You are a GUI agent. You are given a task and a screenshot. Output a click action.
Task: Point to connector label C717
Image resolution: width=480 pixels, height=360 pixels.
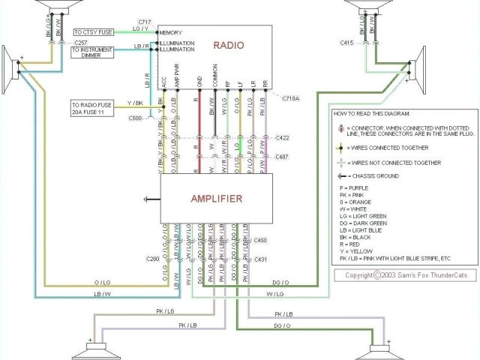[x=144, y=22]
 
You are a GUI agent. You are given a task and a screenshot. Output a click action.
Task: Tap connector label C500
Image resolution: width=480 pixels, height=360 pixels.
[x=136, y=118]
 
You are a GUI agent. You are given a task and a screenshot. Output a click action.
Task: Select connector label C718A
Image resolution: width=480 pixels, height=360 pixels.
[x=290, y=99]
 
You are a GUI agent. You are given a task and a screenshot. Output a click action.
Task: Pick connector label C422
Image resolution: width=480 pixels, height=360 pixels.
[x=282, y=138]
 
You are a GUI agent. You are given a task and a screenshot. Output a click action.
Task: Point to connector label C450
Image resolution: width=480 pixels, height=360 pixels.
[x=260, y=241]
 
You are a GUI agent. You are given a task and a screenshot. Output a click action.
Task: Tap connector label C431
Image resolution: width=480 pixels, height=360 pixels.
[x=260, y=259]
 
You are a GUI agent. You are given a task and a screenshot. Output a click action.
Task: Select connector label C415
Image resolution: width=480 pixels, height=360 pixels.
[x=346, y=43]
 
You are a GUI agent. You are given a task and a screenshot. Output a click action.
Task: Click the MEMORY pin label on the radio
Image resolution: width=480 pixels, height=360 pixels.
[x=171, y=33]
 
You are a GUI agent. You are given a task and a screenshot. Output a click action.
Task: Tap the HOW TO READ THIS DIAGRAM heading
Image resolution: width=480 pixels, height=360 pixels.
[x=373, y=113]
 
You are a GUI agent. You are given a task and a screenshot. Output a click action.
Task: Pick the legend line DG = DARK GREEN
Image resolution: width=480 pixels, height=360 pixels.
[x=361, y=223]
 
